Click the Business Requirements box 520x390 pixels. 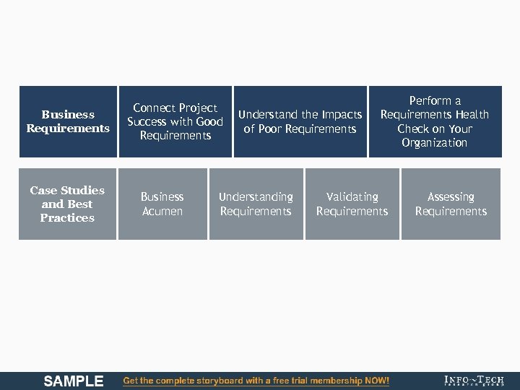coord(68,121)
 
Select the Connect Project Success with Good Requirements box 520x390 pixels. coord(175,121)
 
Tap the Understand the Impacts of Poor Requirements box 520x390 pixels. coord(300,121)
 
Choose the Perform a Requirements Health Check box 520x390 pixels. coord(435,121)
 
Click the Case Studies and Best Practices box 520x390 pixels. coord(67,204)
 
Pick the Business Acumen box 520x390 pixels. coord(162,204)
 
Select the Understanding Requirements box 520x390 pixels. coord(256,204)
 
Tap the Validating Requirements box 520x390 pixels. coord(352,204)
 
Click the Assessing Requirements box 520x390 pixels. coord(451,204)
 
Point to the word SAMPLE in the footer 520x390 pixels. coord(74,381)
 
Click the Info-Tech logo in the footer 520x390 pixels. coord(474,381)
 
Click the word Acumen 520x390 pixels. coord(162,212)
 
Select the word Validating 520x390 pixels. coord(352,197)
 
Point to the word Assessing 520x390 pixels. coord(451,197)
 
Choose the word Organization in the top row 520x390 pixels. coord(435,143)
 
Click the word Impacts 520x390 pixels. coord(342,115)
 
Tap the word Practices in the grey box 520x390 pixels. coord(67,218)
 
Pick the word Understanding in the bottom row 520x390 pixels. coord(256,197)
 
